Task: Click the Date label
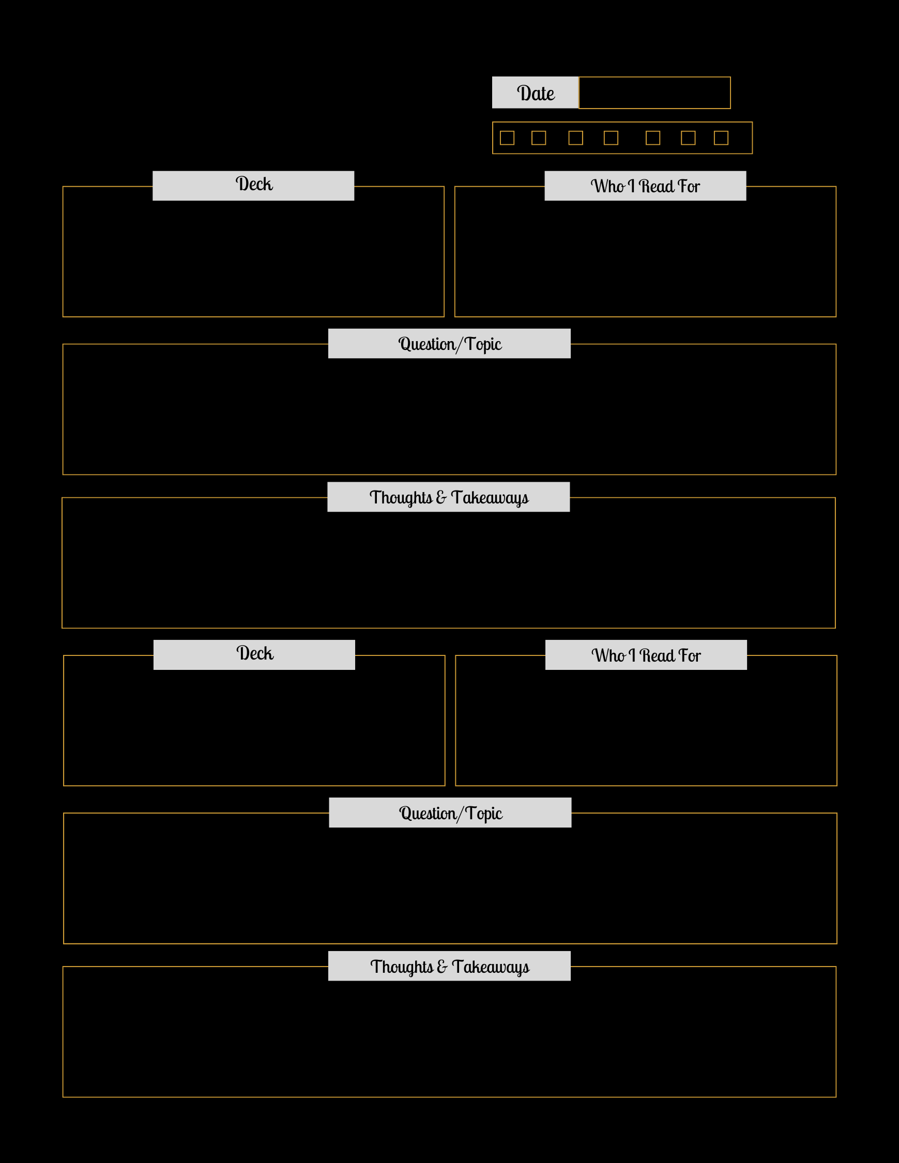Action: (535, 93)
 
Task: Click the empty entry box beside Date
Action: (654, 93)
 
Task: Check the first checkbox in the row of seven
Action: (507, 138)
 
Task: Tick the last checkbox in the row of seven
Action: (721, 138)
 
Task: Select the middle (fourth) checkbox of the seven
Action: (611, 138)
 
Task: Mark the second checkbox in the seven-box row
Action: (539, 138)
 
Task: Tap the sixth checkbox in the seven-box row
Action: (688, 138)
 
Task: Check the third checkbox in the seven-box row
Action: (576, 138)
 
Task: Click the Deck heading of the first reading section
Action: (254, 183)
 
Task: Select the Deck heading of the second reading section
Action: (255, 653)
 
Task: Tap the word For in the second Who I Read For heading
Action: (690, 655)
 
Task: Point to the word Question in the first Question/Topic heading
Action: (427, 344)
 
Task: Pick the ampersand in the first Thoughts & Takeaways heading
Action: (441, 497)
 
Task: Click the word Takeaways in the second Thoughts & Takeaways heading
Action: (491, 967)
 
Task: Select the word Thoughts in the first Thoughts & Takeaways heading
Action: (401, 498)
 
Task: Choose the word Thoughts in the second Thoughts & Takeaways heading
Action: (402, 967)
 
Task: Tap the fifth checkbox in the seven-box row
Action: (653, 138)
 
